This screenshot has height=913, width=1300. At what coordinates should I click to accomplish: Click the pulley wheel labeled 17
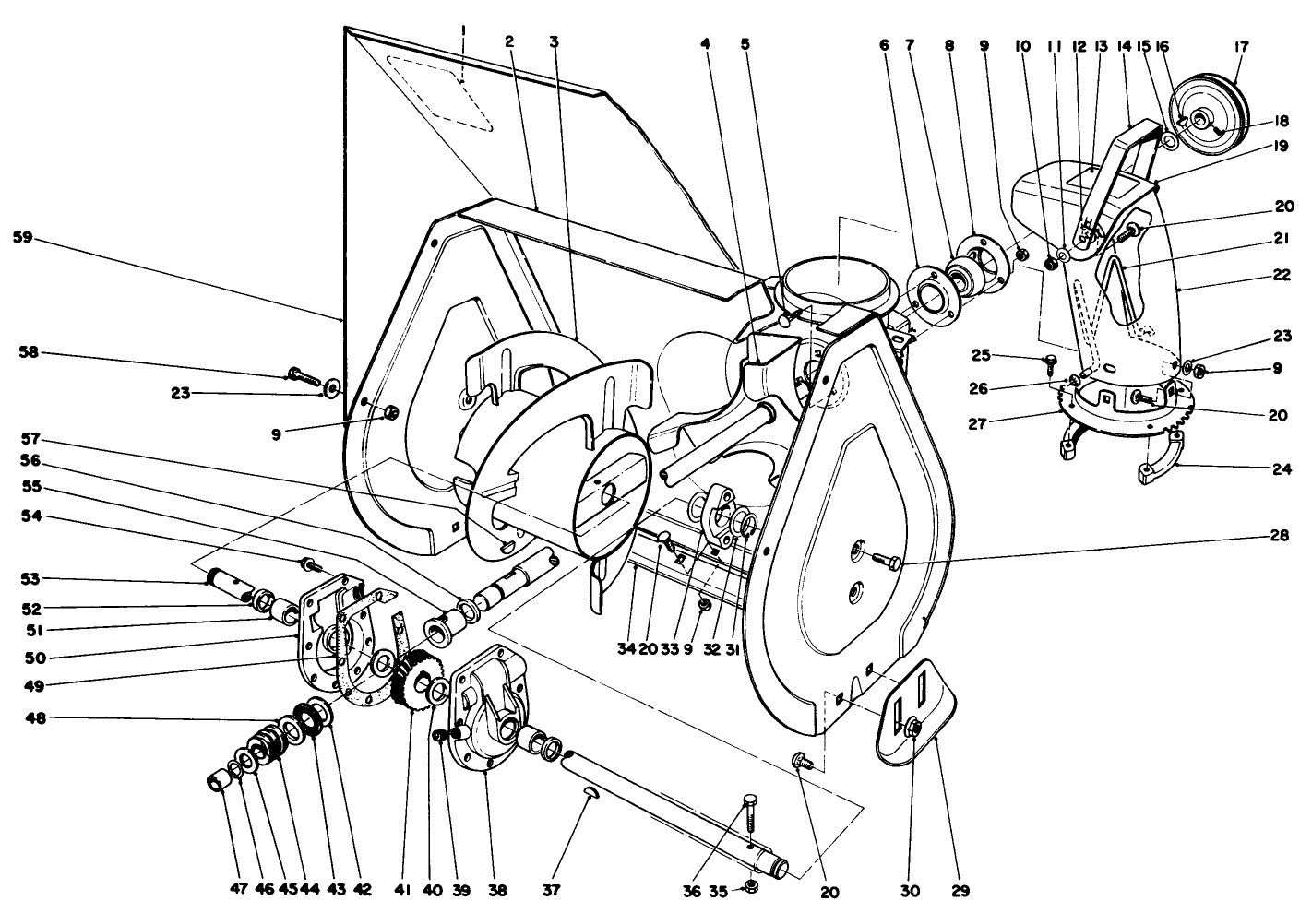[x=1209, y=117]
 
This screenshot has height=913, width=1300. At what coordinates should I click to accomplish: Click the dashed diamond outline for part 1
[x=437, y=92]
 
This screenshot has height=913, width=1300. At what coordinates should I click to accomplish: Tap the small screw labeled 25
[x=1050, y=361]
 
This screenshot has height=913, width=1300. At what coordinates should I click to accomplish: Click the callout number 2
[x=507, y=41]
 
